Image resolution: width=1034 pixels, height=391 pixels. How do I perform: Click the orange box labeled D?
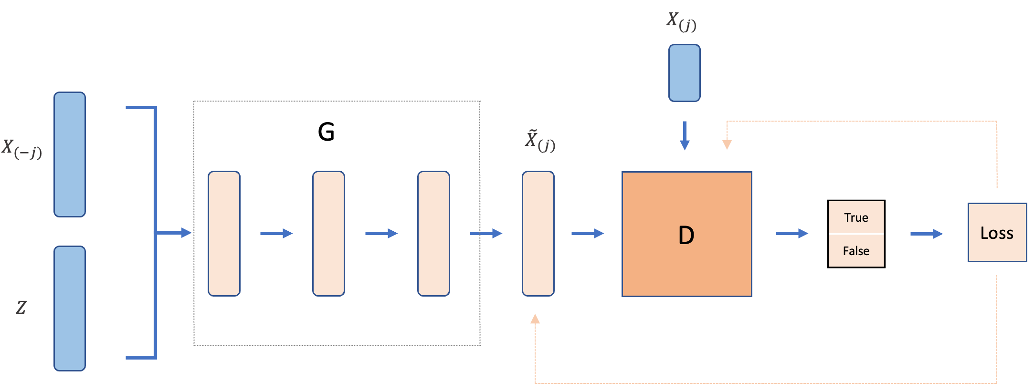[686, 234]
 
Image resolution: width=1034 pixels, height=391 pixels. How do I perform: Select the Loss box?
[997, 233]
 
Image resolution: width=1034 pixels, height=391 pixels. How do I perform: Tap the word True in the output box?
[856, 217]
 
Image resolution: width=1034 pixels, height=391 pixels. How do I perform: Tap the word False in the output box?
[856, 251]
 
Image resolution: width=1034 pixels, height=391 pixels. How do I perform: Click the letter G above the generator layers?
[326, 132]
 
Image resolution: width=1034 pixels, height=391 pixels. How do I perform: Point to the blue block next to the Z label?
[70, 309]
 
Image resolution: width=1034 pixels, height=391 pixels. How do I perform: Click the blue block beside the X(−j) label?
[70, 154]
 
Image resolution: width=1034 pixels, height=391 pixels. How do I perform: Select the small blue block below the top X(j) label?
[684, 73]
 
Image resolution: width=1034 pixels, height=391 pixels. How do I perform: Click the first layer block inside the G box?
[224, 234]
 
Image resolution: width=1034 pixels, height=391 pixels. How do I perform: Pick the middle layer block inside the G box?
[328, 234]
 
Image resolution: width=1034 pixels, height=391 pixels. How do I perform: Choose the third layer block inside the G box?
[433, 234]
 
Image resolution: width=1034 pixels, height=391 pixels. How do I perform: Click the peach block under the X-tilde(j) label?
[538, 234]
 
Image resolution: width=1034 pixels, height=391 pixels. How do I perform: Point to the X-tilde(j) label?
[539, 141]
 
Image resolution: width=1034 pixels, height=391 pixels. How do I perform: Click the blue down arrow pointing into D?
[685, 136]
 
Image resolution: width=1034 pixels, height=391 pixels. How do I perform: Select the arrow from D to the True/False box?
[791, 233]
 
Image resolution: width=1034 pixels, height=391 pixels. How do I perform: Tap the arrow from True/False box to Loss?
[926, 234]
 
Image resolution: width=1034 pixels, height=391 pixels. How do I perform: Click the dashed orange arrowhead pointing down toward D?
[727, 144]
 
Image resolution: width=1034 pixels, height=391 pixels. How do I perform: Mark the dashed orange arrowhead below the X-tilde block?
[535, 319]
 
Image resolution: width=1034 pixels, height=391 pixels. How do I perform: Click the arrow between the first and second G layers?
[276, 233]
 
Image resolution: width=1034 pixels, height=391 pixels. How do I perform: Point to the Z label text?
[21, 308]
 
